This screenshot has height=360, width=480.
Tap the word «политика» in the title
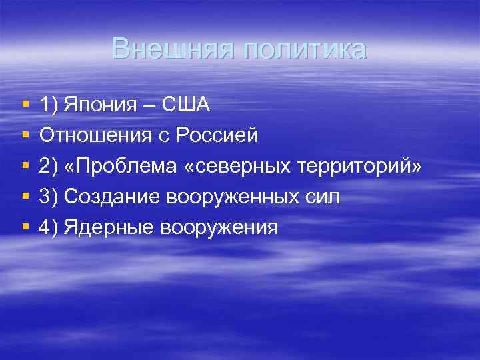click(x=305, y=49)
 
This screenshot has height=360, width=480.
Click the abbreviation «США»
click(x=185, y=105)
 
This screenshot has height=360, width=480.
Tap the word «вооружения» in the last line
click(x=220, y=227)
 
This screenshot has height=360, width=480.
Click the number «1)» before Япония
click(x=48, y=105)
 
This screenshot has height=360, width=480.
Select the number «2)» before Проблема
click(x=48, y=166)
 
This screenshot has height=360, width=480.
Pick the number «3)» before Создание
click(x=48, y=197)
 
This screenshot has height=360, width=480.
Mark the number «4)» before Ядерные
click(x=48, y=227)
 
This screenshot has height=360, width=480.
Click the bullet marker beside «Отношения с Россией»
click(x=25, y=136)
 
